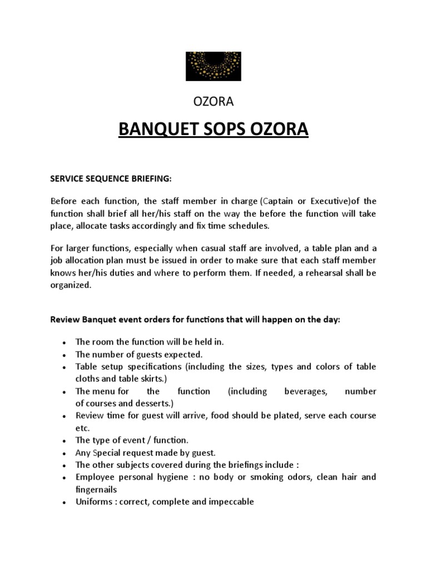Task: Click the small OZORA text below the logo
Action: pyautogui.click(x=213, y=102)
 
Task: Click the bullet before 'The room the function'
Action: pyautogui.click(x=66, y=342)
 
